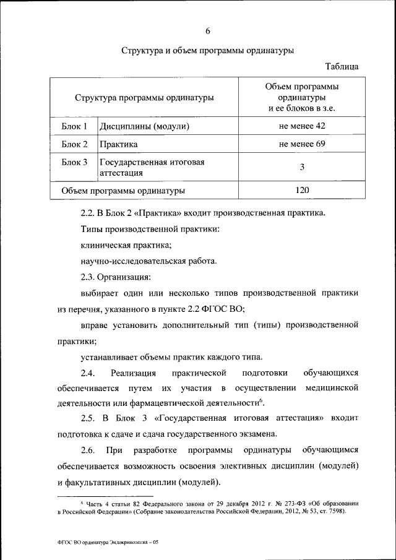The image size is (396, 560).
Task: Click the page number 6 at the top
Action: pyautogui.click(x=207, y=32)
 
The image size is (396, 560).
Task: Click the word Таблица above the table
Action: pyautogui.click(x=342, y=66)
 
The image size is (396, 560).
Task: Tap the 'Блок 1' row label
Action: pyautogui.click(x=74, y=127)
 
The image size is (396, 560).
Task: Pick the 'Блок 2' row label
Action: pyautogui.click(x=74, y=145)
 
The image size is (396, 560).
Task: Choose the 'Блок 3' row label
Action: pyautogui.click(x=74, y=163)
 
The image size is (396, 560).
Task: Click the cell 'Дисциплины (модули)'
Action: pyautogui.click(x=144, y=127)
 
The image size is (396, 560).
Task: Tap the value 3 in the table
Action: pyautogui.click(x=302, y=168)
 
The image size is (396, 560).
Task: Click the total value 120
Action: pyautogui.click(x=302, y=190)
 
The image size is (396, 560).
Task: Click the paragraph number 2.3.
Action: pyautogui.click(x=90, y=277)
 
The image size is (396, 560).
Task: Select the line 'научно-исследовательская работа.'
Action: pyautogui.click(x=148, y=261)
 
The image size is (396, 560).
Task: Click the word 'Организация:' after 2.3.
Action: pyautogui.click(x=125, y=277)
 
